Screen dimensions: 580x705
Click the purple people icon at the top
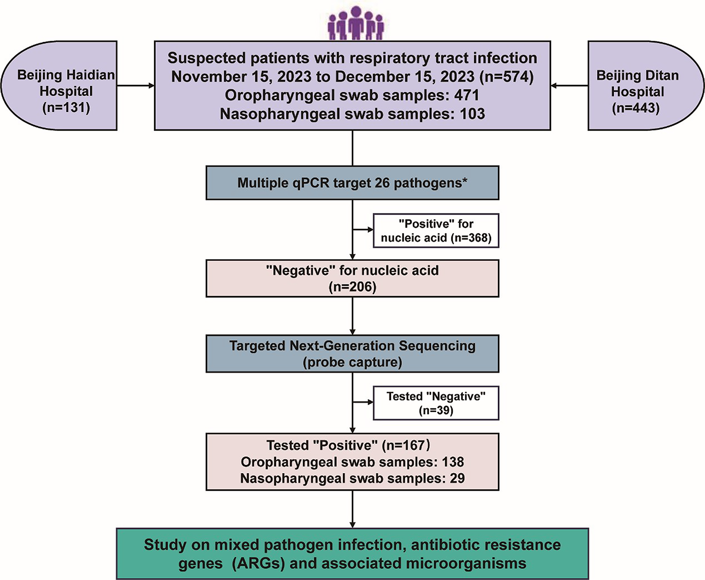pyautogui.click(x=355, y=23)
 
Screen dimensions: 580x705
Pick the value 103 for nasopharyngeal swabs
pyautogui.click(x=472, y=114)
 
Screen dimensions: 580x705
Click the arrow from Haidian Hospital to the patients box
pyautogui.click(x=136, y=86)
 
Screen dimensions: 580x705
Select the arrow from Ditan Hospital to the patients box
pyautogui.click(x=569, y=86)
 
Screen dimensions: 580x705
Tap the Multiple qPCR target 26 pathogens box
pyautogui.click(x=352, y=183)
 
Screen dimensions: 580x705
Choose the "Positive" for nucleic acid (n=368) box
pyautogui.click(x=436, y=231)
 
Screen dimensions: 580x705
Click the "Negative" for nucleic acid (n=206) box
pyautogui.click(x=352, y=278)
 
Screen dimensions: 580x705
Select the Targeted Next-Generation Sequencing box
pyautogui.click(x=352, y=354)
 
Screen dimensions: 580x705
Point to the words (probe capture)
pyautogui.click(x=352, y=362)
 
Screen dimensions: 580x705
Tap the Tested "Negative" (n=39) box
pyautogui.click(x=436, y=403)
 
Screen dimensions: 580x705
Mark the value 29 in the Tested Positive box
pyautogui.click(x=457, y=478)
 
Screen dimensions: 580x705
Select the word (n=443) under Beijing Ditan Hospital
pyautogui.click(x=636, y=108)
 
